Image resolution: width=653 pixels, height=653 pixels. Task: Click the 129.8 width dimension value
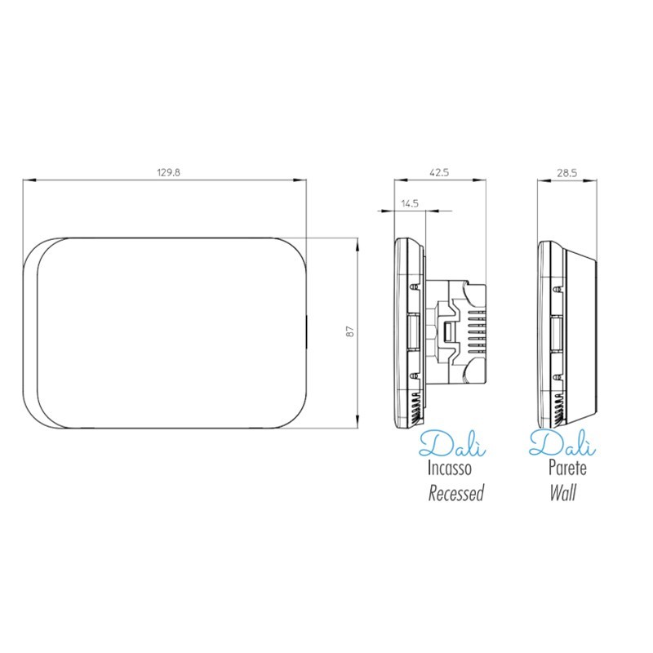click(x=167, y=172)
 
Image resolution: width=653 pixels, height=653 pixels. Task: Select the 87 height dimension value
click(x=349, y=332)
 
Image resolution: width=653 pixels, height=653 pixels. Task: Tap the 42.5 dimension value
click(x=439, y=172)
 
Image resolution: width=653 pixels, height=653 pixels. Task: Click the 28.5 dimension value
click(x=566, y=172)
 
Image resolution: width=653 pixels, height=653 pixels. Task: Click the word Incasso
click(x=448, y=469)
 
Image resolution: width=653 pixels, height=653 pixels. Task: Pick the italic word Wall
click(x=562, y=493)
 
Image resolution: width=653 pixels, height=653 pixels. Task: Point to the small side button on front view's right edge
click(x=307, y=333)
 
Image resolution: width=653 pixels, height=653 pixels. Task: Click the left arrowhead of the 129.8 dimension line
click(x=25, y=180)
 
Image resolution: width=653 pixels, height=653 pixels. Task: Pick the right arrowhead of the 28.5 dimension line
click(x=593, y=180)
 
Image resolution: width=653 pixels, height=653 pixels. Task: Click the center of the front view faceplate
click(x=166, y=332)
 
